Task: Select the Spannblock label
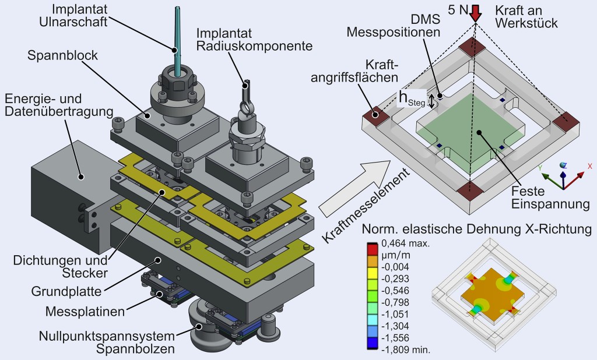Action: point(63,57)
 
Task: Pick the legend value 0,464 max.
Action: point(405,243)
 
